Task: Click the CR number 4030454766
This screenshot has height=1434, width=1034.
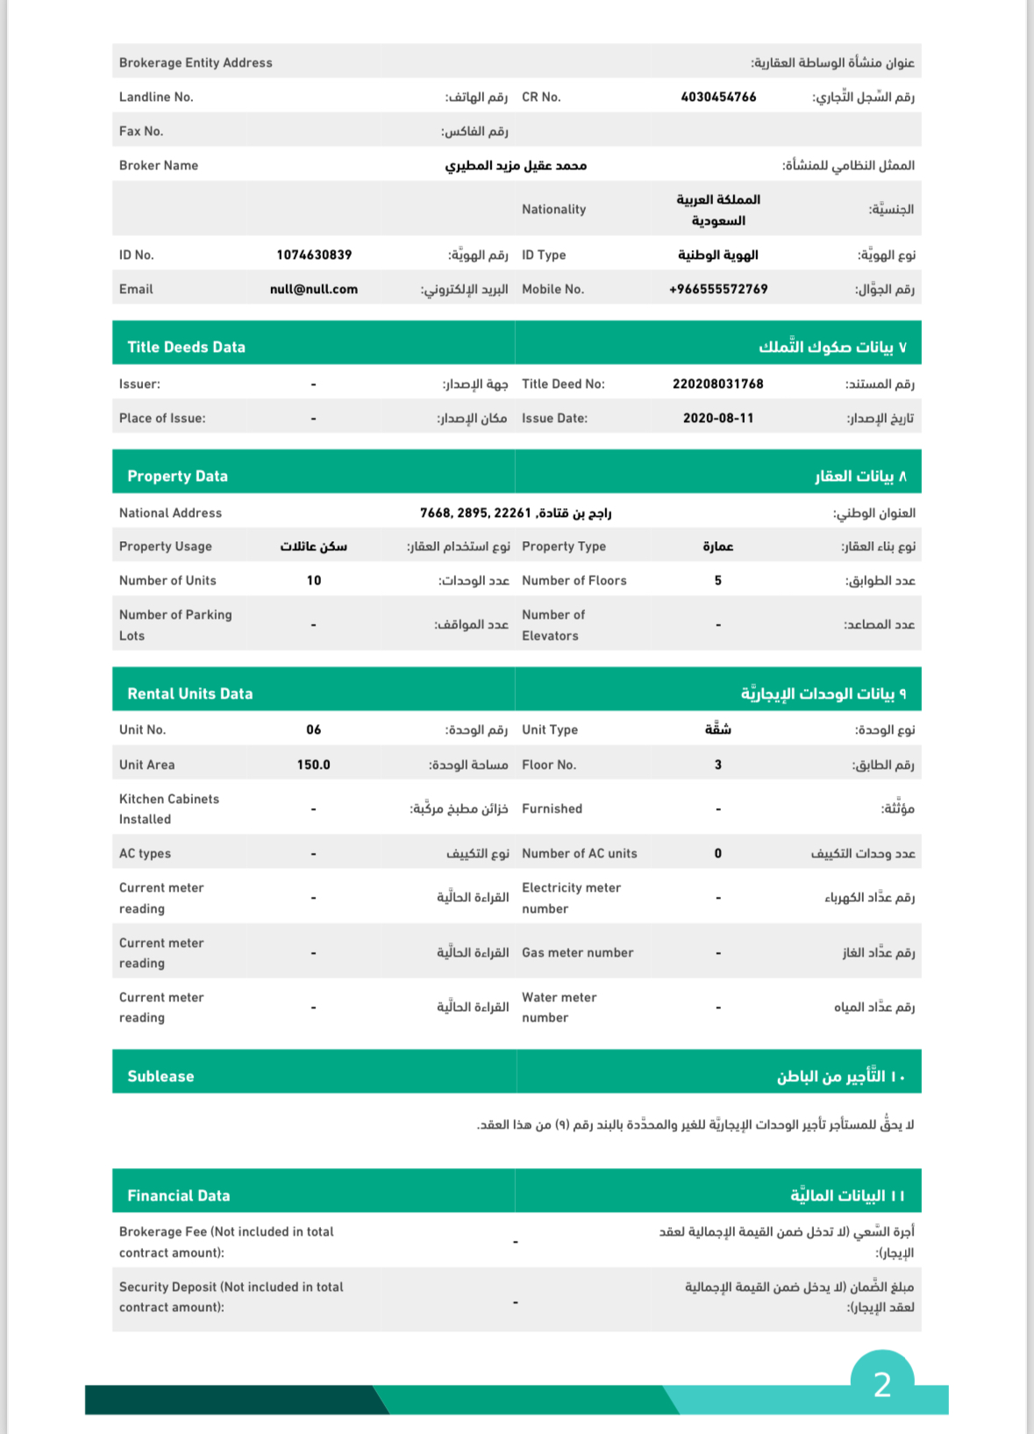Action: [718, 97]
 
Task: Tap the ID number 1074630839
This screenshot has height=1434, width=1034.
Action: [314, 255]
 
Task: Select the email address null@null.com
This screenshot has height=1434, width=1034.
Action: [314, 290]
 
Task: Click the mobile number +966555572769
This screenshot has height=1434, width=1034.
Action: [718, 290]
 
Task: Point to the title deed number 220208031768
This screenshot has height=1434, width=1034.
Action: [718, 384]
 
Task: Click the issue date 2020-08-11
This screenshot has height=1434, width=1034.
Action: [718, 419]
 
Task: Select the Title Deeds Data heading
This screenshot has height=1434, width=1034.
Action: [186, 348]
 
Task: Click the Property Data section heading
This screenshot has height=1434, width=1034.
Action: [177, 477]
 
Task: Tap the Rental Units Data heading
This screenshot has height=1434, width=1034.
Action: [189, 694]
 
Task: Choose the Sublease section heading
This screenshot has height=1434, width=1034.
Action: [160, 1077]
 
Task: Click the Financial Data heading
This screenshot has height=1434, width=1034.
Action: [178, 1196]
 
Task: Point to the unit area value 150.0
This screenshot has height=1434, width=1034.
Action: [314, 765]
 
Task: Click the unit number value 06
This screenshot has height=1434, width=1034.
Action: [314, 730]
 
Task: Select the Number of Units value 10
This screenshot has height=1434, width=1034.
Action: [314, 581]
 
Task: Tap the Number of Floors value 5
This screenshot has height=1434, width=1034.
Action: [718, 581]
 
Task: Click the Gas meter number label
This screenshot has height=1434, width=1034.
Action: [577, 953]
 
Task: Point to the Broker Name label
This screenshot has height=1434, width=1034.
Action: [159, 166]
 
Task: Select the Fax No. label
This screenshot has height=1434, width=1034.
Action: [141, 132]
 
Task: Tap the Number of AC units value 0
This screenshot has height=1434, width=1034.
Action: [718, 854]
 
